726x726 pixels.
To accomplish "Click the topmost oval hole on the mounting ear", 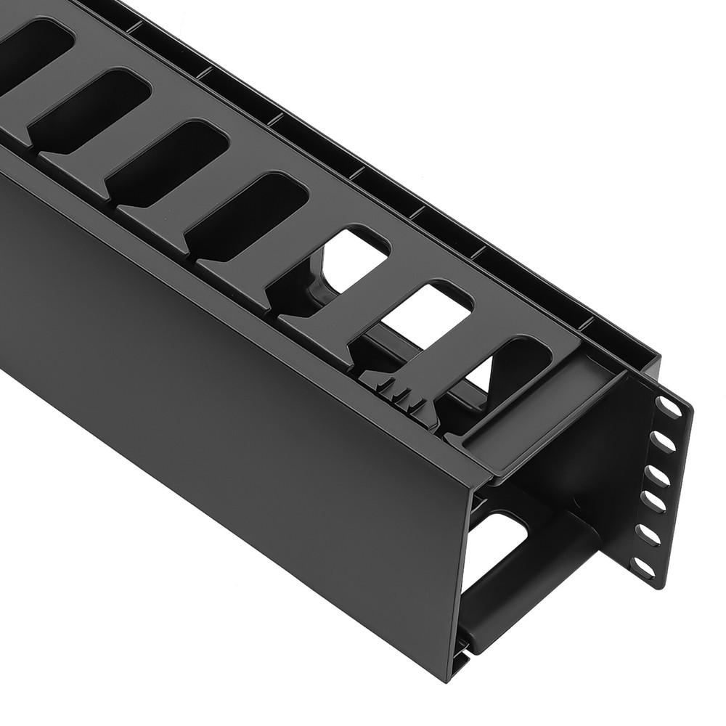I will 669,407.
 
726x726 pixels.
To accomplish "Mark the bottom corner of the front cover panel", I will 450,675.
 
